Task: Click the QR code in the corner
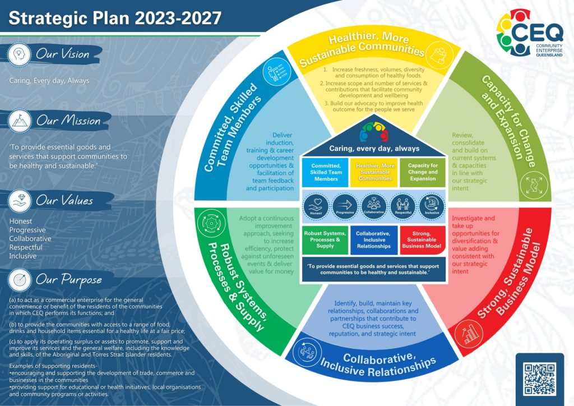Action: [540, 379]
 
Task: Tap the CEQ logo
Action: [530, 33]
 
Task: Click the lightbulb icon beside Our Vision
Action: [19, 54]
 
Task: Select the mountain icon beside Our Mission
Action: [20, 121]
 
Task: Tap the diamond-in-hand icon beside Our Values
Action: [20, 201]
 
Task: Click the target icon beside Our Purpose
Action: [20, 280]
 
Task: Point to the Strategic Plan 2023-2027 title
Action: [115, 18]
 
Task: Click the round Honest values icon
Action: [316, 206]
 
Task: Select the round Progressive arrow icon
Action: [345, 206]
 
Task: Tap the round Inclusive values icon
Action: [432, 206]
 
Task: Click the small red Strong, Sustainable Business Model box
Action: [422, 240]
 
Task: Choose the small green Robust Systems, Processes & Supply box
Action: [325, 240]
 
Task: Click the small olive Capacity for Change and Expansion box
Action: [423, 172]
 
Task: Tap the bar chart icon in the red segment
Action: [468, 334]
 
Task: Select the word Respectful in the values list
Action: [26, 247]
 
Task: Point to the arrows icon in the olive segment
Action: [534, 185]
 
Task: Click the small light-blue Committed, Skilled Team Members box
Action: [326, 172]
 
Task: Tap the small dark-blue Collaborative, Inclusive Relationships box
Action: [374, 240]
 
